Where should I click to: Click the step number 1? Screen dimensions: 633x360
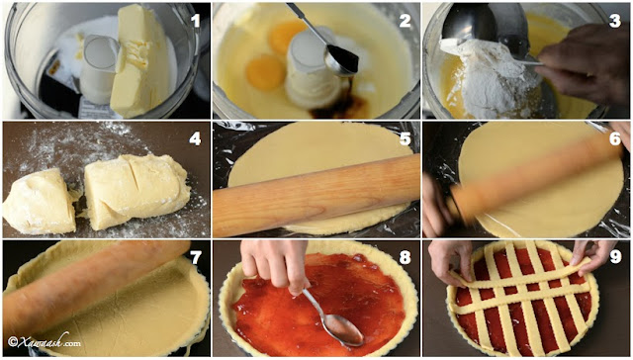[196, 20]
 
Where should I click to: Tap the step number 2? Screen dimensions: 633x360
[405, 20]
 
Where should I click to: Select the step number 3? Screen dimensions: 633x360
[615, 20]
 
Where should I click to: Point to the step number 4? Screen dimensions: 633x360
[195, 138]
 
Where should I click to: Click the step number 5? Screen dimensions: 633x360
[405, 138]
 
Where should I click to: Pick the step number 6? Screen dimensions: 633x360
[615, 138]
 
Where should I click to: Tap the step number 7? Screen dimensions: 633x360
[196, 257]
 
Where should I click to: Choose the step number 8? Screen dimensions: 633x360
[405, 257]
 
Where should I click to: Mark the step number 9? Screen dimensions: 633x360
[615, 257]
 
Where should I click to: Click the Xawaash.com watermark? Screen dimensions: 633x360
[45, 341]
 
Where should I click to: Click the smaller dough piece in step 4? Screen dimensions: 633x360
[40, 201]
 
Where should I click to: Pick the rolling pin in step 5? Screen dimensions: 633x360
[316, 195]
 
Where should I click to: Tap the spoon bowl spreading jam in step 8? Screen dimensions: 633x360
[344, 330]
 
